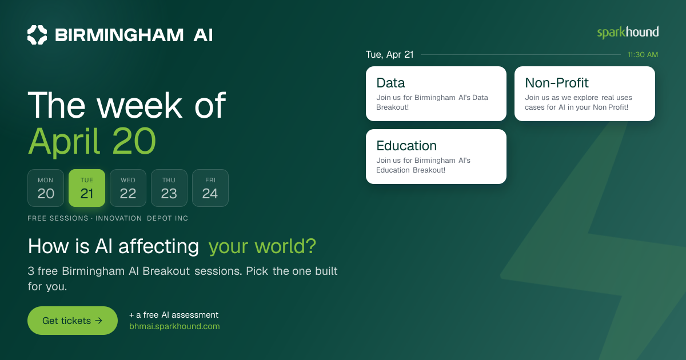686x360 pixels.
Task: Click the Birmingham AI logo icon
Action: tap(37, 35)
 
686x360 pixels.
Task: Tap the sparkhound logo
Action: tap(628, 33)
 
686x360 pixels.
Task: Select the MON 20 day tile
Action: tap(46, 188)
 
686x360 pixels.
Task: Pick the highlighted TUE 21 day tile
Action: tap(87, 188)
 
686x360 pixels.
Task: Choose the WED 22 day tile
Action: tap(128, 188)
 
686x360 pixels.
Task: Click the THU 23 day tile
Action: tap(169, 188)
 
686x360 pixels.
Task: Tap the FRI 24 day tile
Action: tap(210, 188)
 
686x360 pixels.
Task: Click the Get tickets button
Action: tap(73, 321)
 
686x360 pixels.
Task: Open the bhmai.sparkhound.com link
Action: tap(174, 326)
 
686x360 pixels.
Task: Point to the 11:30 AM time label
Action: tap(643, 55)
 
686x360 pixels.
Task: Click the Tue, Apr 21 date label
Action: tap(389, 54)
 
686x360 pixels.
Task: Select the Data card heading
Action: tap(390, 83)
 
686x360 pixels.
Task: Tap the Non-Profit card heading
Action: tap(556, 83)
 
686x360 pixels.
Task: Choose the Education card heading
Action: tap(406, 146)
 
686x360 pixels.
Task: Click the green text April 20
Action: tap(92, 142)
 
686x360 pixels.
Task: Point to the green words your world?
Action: tap(262, 246)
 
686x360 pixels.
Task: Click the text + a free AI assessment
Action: tap(174, 315)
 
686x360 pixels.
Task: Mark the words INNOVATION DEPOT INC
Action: tap(142, 218)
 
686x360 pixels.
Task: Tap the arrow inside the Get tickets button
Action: tap(98, 321)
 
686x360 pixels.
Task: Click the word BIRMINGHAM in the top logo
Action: tap(119, 35)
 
